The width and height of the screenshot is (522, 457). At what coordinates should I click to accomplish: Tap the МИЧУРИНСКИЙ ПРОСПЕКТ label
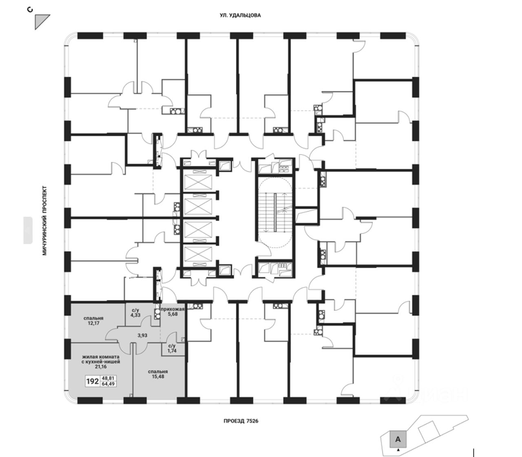pos(45,221)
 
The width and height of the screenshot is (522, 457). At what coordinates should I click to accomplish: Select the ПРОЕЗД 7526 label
pos(241,421)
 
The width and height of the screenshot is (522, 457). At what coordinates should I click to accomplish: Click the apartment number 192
pos(92,382)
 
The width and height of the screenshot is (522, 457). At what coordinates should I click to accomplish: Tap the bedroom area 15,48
pos(158,378)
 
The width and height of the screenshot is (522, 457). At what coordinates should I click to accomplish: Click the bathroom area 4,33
pos(135,315)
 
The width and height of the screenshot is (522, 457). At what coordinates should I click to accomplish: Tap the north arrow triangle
pos(41,20)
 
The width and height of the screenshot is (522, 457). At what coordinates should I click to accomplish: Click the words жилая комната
pos(100,355)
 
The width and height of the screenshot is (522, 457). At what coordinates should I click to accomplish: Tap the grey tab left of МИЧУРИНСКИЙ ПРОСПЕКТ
pos(28,230)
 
